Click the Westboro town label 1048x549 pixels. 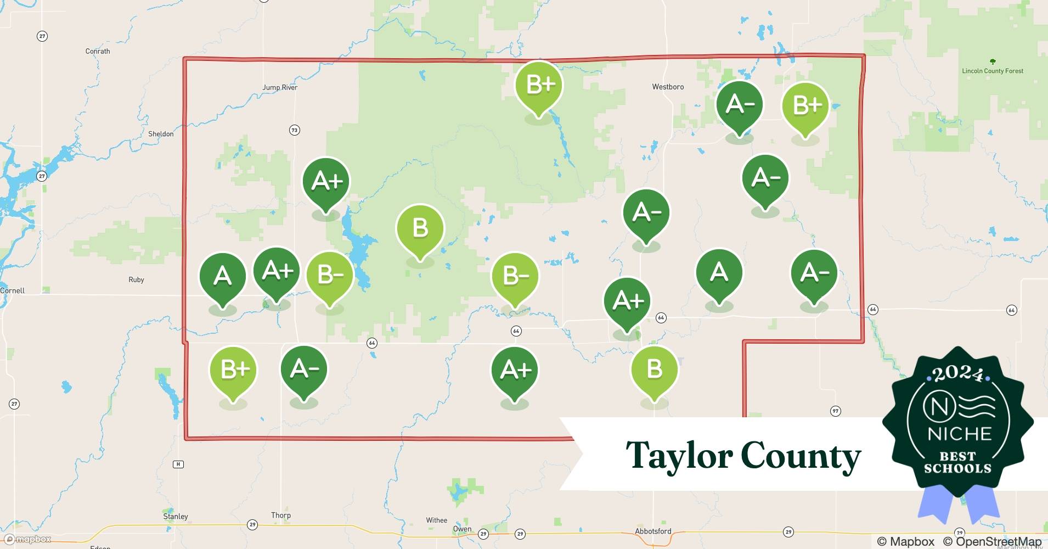[x=668, y=87]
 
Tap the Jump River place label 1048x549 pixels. [x=280, y=87]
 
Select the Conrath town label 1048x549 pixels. [x=98, y=51]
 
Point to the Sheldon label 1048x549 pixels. [x=161, y=134]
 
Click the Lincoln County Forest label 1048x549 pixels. [x=992, y=71]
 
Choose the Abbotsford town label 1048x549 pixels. [x=652, y=531]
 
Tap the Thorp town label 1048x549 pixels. [x=280, y=515]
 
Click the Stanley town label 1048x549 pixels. [x=176, y=516]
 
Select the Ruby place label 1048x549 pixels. [x=136, y=279]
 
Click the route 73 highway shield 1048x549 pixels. [x=295, y=130]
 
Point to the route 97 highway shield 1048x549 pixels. [x=835, y=411]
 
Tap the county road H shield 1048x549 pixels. [x=178, y=464]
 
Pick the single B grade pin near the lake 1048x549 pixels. [x=420, y=228]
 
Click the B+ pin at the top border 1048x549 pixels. [x=539, y=85]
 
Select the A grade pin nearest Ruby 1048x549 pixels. [x=222, y=276]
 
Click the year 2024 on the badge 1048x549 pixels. [x=958, y=374]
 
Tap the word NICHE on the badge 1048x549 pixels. [x=959, y=434]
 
